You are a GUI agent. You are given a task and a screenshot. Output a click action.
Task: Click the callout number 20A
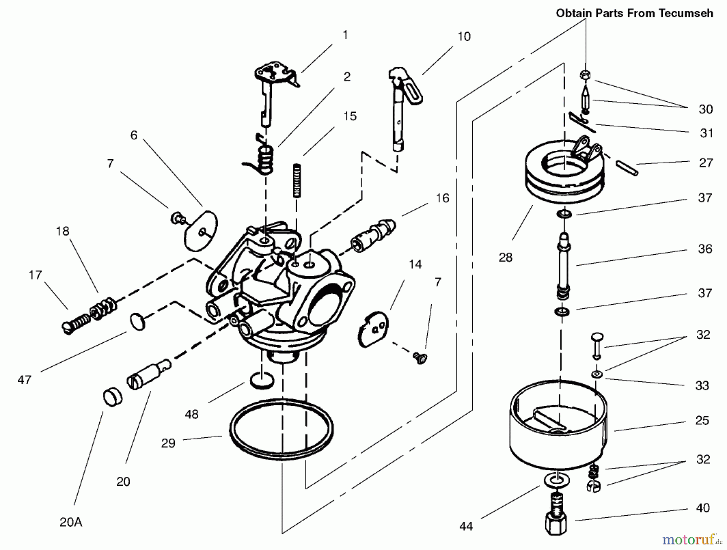coord(71,523)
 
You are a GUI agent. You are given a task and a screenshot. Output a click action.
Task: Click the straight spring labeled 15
coord(297,180)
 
